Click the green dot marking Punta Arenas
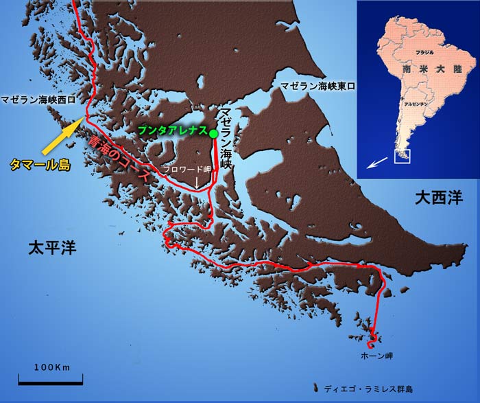[213, 133]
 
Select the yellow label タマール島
[40, 164]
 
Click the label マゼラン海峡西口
[36, 98]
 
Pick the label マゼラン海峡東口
[318, 86]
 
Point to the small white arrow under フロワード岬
[197, 181]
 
